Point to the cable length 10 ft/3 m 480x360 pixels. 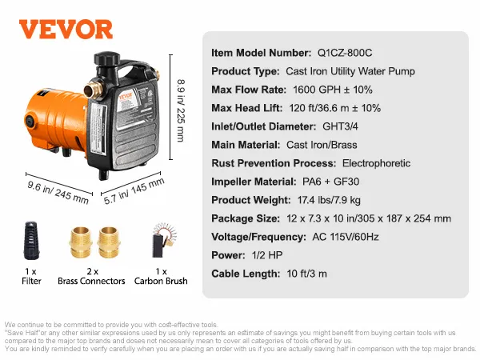pyautogui.click(x=308, y=274)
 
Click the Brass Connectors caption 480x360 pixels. pyautogui.click(x=91, y=281)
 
